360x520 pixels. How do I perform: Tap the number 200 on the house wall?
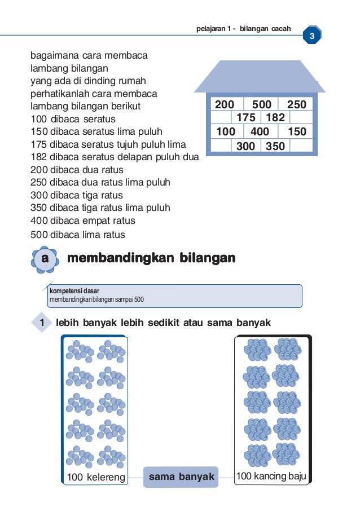point(225,104)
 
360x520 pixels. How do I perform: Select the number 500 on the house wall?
point(262,104)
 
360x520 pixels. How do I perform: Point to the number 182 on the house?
point(275,118)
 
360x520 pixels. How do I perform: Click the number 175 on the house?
point(245,118)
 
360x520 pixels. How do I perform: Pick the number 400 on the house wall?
point(260,132)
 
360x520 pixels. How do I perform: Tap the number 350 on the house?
point(275,146)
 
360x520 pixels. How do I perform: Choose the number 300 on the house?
point(245,146)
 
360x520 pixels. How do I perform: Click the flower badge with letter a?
point(45,259)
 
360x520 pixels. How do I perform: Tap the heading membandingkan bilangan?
point(151,258)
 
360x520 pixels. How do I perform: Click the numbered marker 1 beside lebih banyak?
point(41,323)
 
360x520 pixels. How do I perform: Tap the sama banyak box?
point(181,477)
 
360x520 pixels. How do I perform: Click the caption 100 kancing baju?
point(271,477)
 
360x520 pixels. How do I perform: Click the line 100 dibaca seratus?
point(73,119)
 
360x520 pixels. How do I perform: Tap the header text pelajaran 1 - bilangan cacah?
point(243,28)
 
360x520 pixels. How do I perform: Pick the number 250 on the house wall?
point(297,104)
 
